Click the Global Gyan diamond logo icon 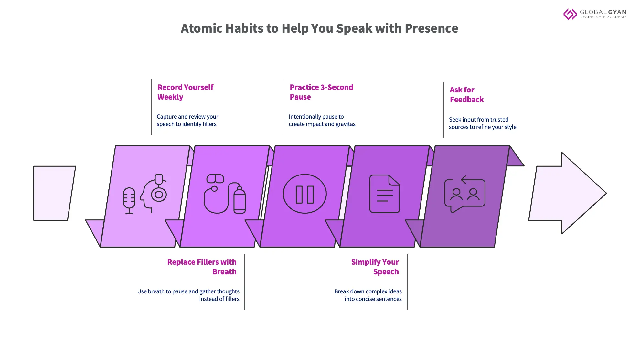pos(570,14)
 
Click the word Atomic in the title pos(201,28)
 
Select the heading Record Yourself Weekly pos(185,92)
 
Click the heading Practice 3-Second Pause pos(321,92)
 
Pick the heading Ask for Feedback pos(466,95)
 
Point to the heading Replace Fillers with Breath pos(202,267)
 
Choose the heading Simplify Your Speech pos(375,267)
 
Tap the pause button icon pos(304,194)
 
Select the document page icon pos(385,194)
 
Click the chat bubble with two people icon pos(464,194)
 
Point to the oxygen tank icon pos(239,199)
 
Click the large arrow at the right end pos(569,193)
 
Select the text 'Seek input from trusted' pos(478,120)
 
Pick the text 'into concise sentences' pos(373,299)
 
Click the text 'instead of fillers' pos(219,299)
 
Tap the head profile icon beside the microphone pos(153,193)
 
